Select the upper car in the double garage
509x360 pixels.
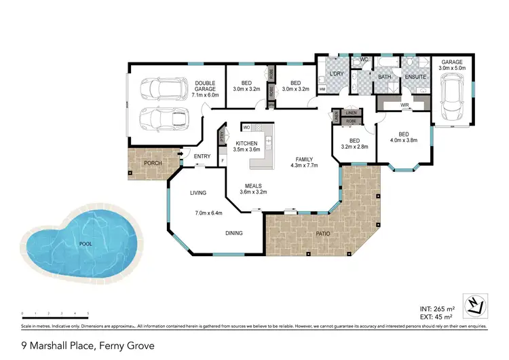point(163,88)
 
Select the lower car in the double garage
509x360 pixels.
point(163,119)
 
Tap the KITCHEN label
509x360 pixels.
point(246,143)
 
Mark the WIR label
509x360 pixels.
point(404,105)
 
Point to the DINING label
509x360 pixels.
point(235,233)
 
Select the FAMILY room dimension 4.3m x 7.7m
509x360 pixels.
point(304,164)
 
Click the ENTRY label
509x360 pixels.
point(202,157)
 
